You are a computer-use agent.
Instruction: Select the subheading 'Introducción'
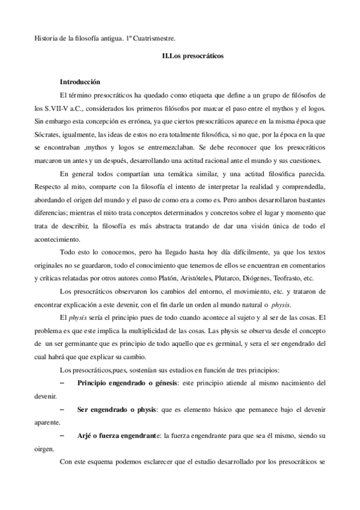click(x=80, y=81)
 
